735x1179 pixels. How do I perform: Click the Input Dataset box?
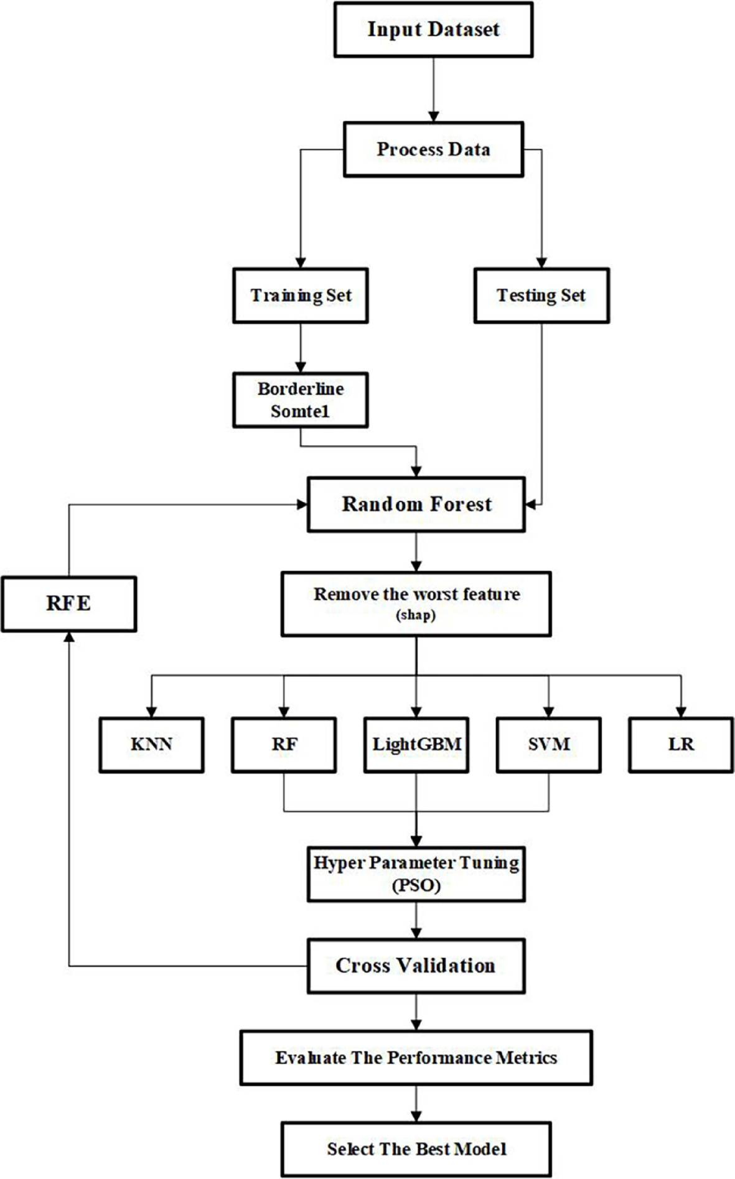433,30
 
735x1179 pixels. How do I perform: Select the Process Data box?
433,149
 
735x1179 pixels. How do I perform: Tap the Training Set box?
301,296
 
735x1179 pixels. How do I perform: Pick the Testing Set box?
541,296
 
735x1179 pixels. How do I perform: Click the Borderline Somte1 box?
301,400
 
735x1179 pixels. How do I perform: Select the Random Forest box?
416,504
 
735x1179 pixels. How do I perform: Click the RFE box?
68,603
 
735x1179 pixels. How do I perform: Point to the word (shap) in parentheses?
416,616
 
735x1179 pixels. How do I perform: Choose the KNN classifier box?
151,745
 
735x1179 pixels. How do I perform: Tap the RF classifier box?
284,745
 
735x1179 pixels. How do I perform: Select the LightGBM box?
416,745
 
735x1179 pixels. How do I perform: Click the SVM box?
548,745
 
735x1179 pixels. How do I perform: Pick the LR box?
681,745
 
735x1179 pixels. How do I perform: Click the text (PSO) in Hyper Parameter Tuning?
416,885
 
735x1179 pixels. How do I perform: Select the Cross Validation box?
416,966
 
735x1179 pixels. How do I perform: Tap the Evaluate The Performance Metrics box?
416,1058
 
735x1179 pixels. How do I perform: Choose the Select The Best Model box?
416,1149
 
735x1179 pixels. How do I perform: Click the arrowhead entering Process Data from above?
433,117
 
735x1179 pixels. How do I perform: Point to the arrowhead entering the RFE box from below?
68,637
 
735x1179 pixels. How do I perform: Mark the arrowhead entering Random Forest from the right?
531,504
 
